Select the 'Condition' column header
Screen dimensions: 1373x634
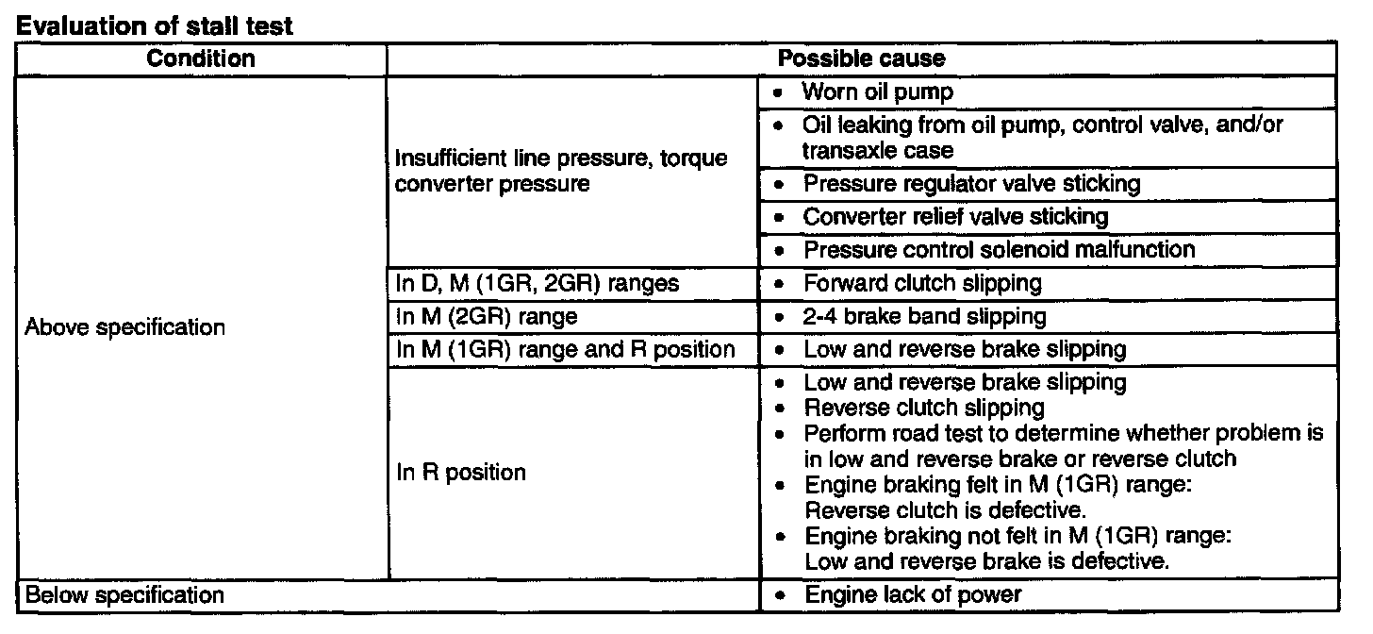pos(201,58)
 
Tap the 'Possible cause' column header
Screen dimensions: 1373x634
pos(861,58)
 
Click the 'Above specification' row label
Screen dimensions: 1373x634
pos(125,328)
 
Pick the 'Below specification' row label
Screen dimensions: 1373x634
pos(124,596)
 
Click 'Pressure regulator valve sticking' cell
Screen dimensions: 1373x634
pos(971,183)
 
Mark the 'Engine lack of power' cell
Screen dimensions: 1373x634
pos(912,596)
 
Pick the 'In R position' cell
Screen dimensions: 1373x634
pos(460,472)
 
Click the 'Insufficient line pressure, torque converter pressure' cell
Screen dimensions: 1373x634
pos(561,171)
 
